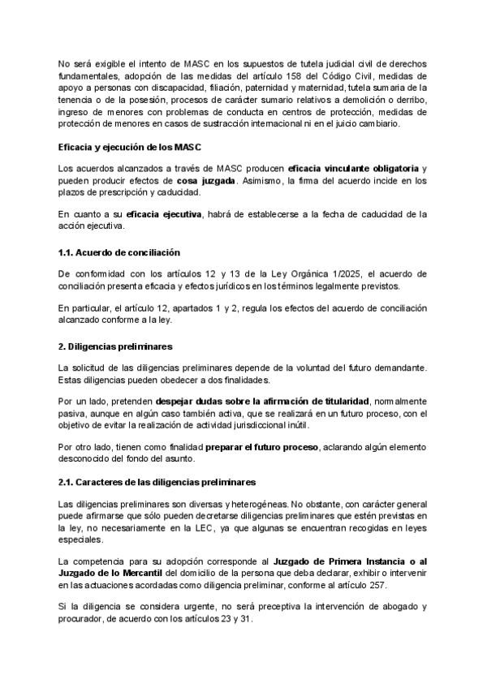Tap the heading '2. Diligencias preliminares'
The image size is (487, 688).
pos(110,346)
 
